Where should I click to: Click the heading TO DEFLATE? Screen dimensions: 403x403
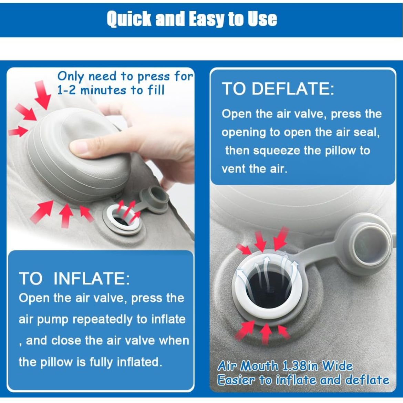278,89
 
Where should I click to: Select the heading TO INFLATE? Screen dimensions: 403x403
74,278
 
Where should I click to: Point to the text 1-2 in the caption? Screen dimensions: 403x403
66,90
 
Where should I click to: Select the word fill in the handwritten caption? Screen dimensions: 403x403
156,90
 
